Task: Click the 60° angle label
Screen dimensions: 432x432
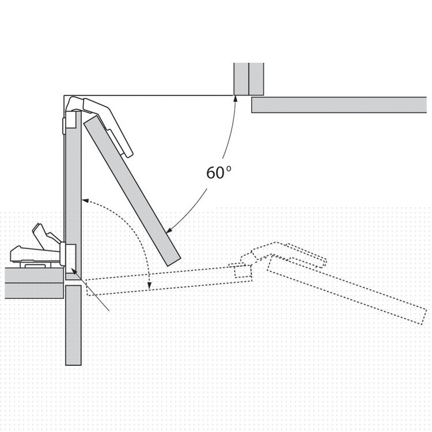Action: pos(218,173)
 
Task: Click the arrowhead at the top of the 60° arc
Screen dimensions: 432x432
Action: pos(235,99)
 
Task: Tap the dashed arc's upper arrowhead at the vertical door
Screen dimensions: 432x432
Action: pos(85,200)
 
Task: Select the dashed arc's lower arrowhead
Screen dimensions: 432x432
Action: pos(150,286)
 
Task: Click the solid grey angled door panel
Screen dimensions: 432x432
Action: pos(132,191)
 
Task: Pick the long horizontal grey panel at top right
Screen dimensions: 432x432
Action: pos(339,105)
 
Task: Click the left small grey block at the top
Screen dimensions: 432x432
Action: pos(241,79)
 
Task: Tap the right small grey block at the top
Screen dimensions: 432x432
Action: pos(256,79)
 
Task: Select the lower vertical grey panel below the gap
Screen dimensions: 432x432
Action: pos(73,325)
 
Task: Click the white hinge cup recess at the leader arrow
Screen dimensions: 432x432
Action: pos(71,255)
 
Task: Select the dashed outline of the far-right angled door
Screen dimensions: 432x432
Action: pos(347,289)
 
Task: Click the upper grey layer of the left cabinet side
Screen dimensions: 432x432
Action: pos(35,275)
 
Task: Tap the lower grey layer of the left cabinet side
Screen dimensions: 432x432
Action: pos(35,290)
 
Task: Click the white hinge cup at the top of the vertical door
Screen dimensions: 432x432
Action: pos(71,119)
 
